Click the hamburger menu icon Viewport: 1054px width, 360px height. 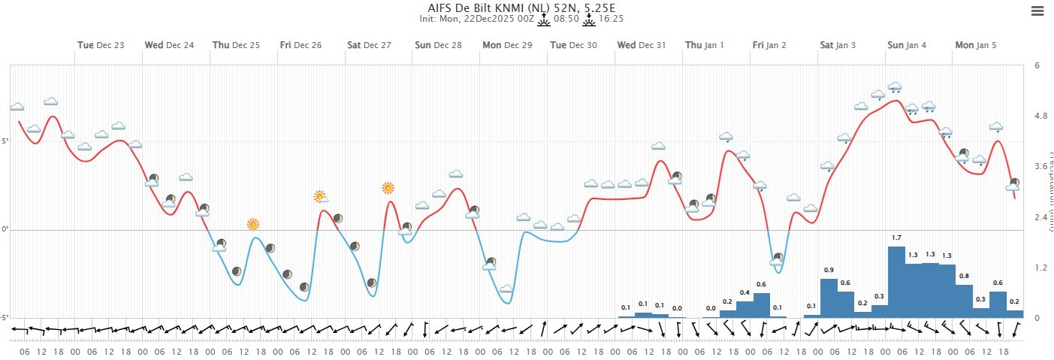coord(1037,11)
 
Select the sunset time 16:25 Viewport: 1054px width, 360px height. coord(612,19)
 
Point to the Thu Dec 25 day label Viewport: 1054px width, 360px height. coord(236,45)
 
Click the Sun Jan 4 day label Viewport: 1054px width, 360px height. coord(907,45)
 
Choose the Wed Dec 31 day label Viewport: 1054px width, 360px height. coord(642,45)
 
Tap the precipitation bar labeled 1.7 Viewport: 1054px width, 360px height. coord(896,282)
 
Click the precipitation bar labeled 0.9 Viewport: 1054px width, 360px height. coord(829,298)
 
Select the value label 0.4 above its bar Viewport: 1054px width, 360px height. coord(744,292)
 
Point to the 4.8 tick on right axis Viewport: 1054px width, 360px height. coord(1041,116)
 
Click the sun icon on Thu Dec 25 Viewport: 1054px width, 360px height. coord(253,224)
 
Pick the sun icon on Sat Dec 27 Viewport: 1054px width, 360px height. coord(388,188)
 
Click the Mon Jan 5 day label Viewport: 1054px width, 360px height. coord(976,45)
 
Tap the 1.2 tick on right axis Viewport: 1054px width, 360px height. coord(1041,268)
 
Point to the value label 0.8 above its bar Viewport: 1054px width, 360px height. coord(964,276)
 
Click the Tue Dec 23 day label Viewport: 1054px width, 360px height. coord(101,45)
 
